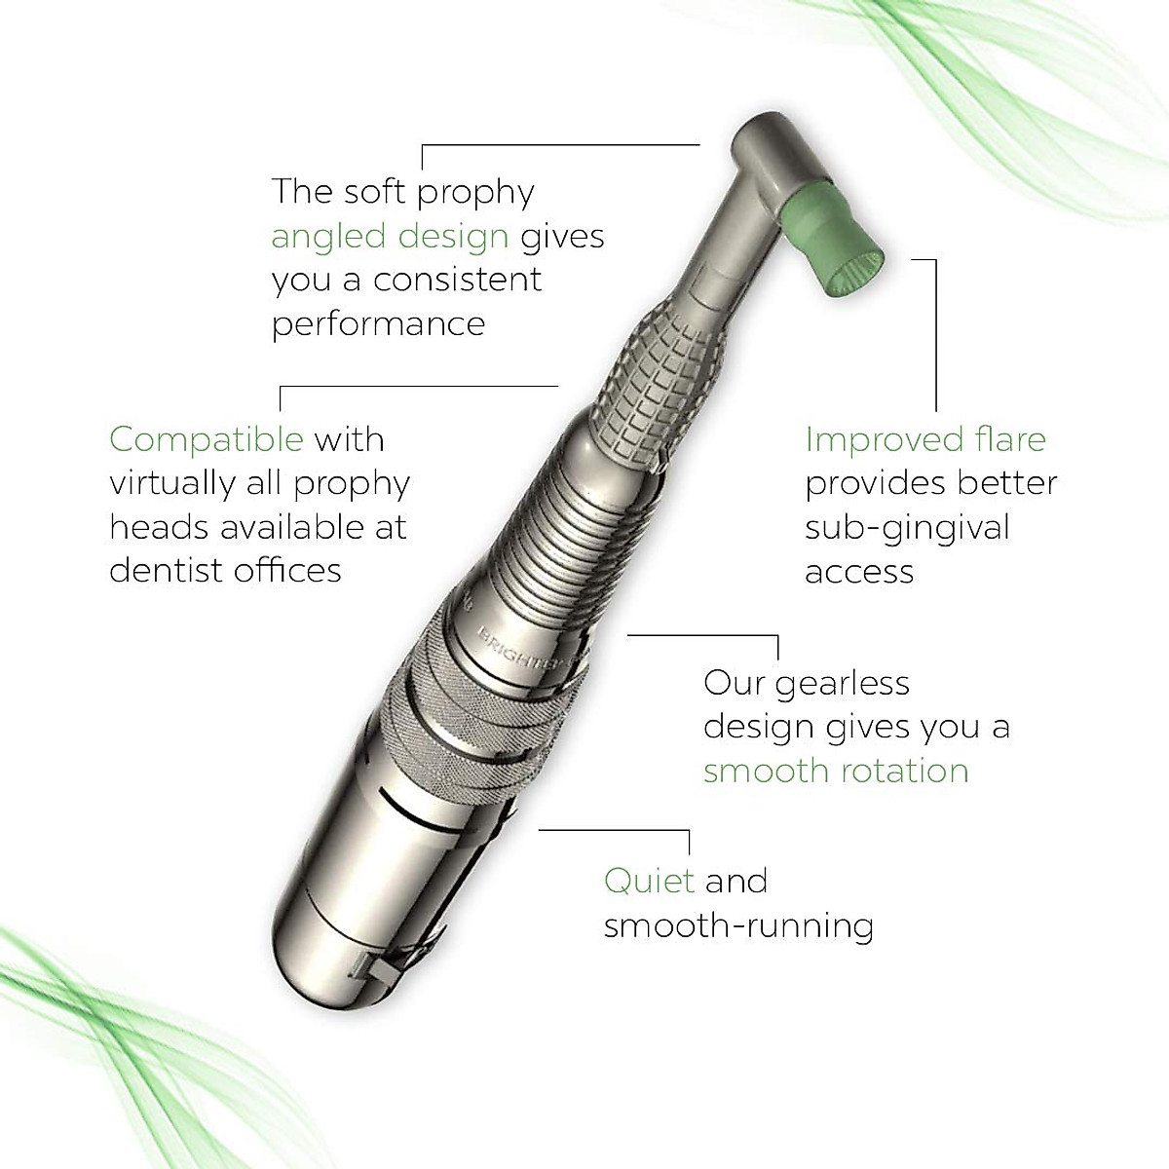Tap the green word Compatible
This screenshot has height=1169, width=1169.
(207, 439)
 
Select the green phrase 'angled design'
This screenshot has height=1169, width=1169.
(390, 237)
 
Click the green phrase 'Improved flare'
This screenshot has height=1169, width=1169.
(925, 439)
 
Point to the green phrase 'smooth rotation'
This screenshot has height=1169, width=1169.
(836, 771)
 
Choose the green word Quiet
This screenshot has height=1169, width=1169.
(649, 881)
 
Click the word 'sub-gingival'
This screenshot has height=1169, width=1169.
(908, 527)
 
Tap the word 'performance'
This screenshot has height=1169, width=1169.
(378, 323)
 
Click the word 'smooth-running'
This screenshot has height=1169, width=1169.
(738, 925)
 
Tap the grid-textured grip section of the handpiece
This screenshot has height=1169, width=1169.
(662, 390)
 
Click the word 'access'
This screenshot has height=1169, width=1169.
(859, 571)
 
